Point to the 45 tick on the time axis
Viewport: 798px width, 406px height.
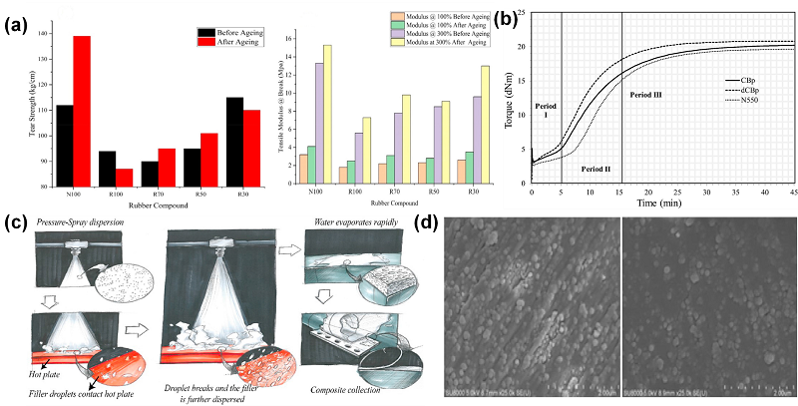point(792,191)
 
